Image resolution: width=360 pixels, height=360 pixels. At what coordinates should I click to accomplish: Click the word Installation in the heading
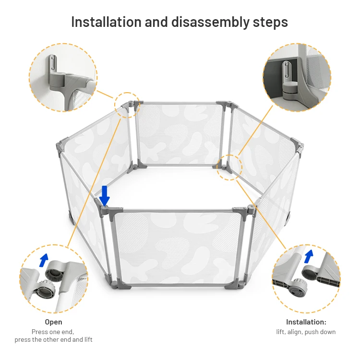tap(106, 22)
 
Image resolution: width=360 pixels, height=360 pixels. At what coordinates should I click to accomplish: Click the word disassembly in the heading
tap(210, 23)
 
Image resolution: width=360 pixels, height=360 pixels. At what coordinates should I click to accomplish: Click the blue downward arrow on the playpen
tap(105, 196)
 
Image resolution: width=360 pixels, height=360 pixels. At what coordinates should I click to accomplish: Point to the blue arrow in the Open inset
tap(44, 260)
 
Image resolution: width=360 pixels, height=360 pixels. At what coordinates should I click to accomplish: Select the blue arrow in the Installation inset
tap(308, 256)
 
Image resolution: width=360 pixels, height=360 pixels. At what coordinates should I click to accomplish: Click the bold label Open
tap(53, 322)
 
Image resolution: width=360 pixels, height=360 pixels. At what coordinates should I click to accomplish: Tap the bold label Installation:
tap(306, 322)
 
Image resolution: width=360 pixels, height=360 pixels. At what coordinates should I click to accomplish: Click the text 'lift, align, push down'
tap(306, 332)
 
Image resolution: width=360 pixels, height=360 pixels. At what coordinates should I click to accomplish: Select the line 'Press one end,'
tap(53, 332)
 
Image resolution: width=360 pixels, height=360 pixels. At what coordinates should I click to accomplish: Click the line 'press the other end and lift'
tap(53, 339)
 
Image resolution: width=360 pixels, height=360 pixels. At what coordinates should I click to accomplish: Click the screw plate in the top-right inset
tap(286, 70)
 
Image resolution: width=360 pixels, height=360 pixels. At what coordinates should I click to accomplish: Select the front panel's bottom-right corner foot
tap(234, 284)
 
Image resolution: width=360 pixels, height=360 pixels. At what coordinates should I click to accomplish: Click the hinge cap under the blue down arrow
tap(105, 208)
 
